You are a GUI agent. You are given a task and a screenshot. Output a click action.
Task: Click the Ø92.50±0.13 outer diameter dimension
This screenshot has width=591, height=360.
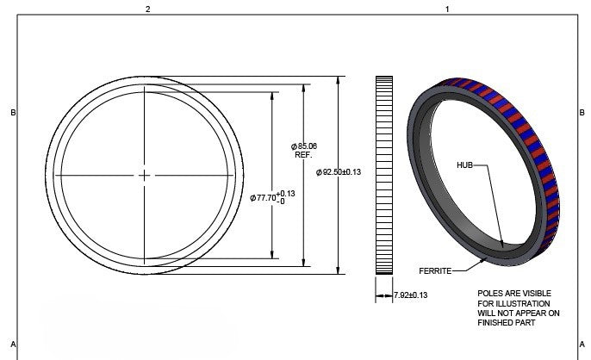tap(339, 173)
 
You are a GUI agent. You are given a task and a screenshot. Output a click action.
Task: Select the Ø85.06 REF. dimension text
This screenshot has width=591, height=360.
tap(304, 151)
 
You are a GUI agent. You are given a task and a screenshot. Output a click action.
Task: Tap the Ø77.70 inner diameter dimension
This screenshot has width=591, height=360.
tap(273, 197)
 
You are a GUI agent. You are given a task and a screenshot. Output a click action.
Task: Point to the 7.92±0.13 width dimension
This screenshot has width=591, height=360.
tap(410, 295)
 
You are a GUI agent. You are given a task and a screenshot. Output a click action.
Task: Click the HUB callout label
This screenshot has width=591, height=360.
tap(464, 164)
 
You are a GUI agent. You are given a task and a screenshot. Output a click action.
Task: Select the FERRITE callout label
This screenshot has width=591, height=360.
tap(435, 271)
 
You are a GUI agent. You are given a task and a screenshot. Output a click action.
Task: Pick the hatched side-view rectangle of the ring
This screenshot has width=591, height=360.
tap(383, 175)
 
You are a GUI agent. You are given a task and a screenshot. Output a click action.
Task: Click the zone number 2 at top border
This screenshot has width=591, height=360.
tap(147, 9)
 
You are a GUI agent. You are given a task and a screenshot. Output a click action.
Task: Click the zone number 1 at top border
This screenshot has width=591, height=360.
tap(446, 9)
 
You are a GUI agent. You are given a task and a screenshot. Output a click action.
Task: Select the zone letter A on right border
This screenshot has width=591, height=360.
tap(582, 342)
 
